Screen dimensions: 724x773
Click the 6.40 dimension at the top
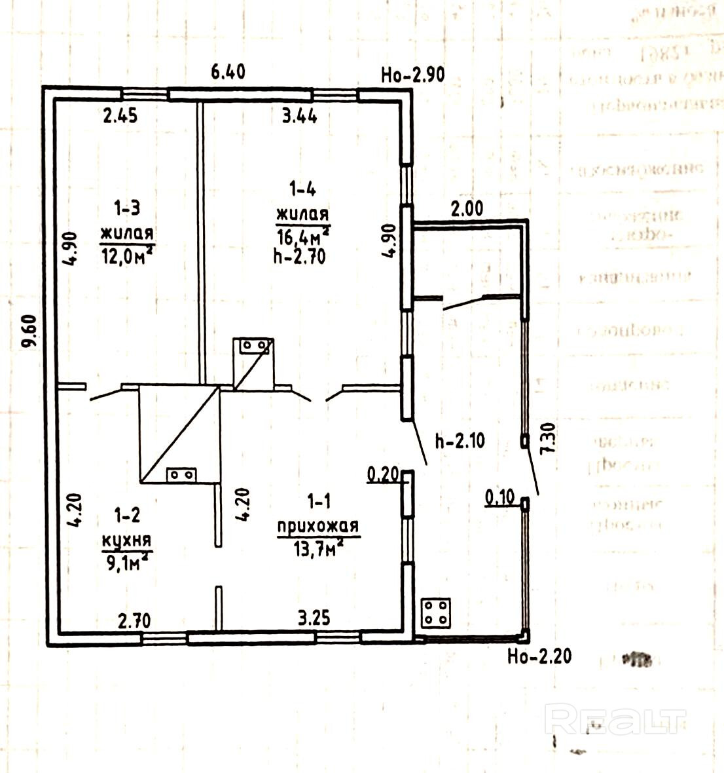227,71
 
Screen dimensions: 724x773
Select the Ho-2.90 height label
412,75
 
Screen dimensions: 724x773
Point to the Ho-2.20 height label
539,656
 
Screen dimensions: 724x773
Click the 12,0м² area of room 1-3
127,252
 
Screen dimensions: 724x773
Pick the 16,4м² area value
302,235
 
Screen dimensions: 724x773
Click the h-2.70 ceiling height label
299,256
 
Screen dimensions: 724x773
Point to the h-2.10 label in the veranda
460,441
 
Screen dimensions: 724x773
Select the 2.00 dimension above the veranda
467,209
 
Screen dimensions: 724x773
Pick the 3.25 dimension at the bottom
314,618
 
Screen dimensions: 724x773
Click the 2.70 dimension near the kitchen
134,620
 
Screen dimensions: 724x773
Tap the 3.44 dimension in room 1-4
299,116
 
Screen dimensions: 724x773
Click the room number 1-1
319,502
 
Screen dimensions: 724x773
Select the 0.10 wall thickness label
500,497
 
